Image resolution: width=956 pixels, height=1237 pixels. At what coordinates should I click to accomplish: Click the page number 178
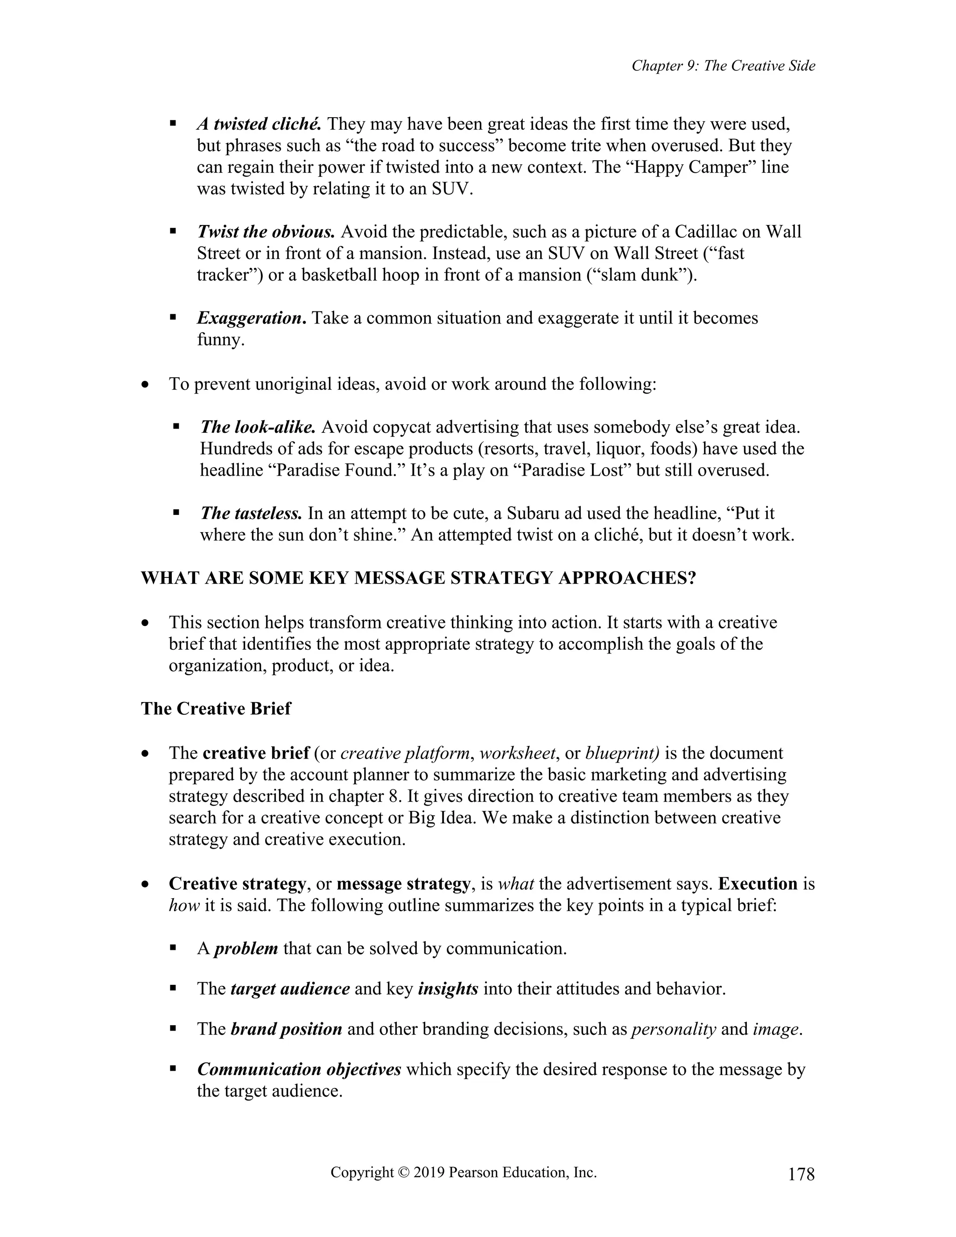click(801, 1174)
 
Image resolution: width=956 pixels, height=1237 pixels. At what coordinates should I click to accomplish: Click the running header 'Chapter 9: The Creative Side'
click(723, 66)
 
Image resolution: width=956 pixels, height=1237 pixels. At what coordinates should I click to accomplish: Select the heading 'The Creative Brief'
click(216, 709)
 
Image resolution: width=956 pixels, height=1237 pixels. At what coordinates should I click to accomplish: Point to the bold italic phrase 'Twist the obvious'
click(266, 232)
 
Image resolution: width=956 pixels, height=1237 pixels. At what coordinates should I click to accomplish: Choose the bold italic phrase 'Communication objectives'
click(299, 1069)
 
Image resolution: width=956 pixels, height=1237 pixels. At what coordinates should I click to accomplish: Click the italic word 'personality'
click(674, 1029)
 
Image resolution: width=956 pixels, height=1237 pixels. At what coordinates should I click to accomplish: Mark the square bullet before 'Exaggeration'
click(173, 318)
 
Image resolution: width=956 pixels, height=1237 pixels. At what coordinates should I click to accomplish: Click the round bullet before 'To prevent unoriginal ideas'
click(146, 385)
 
